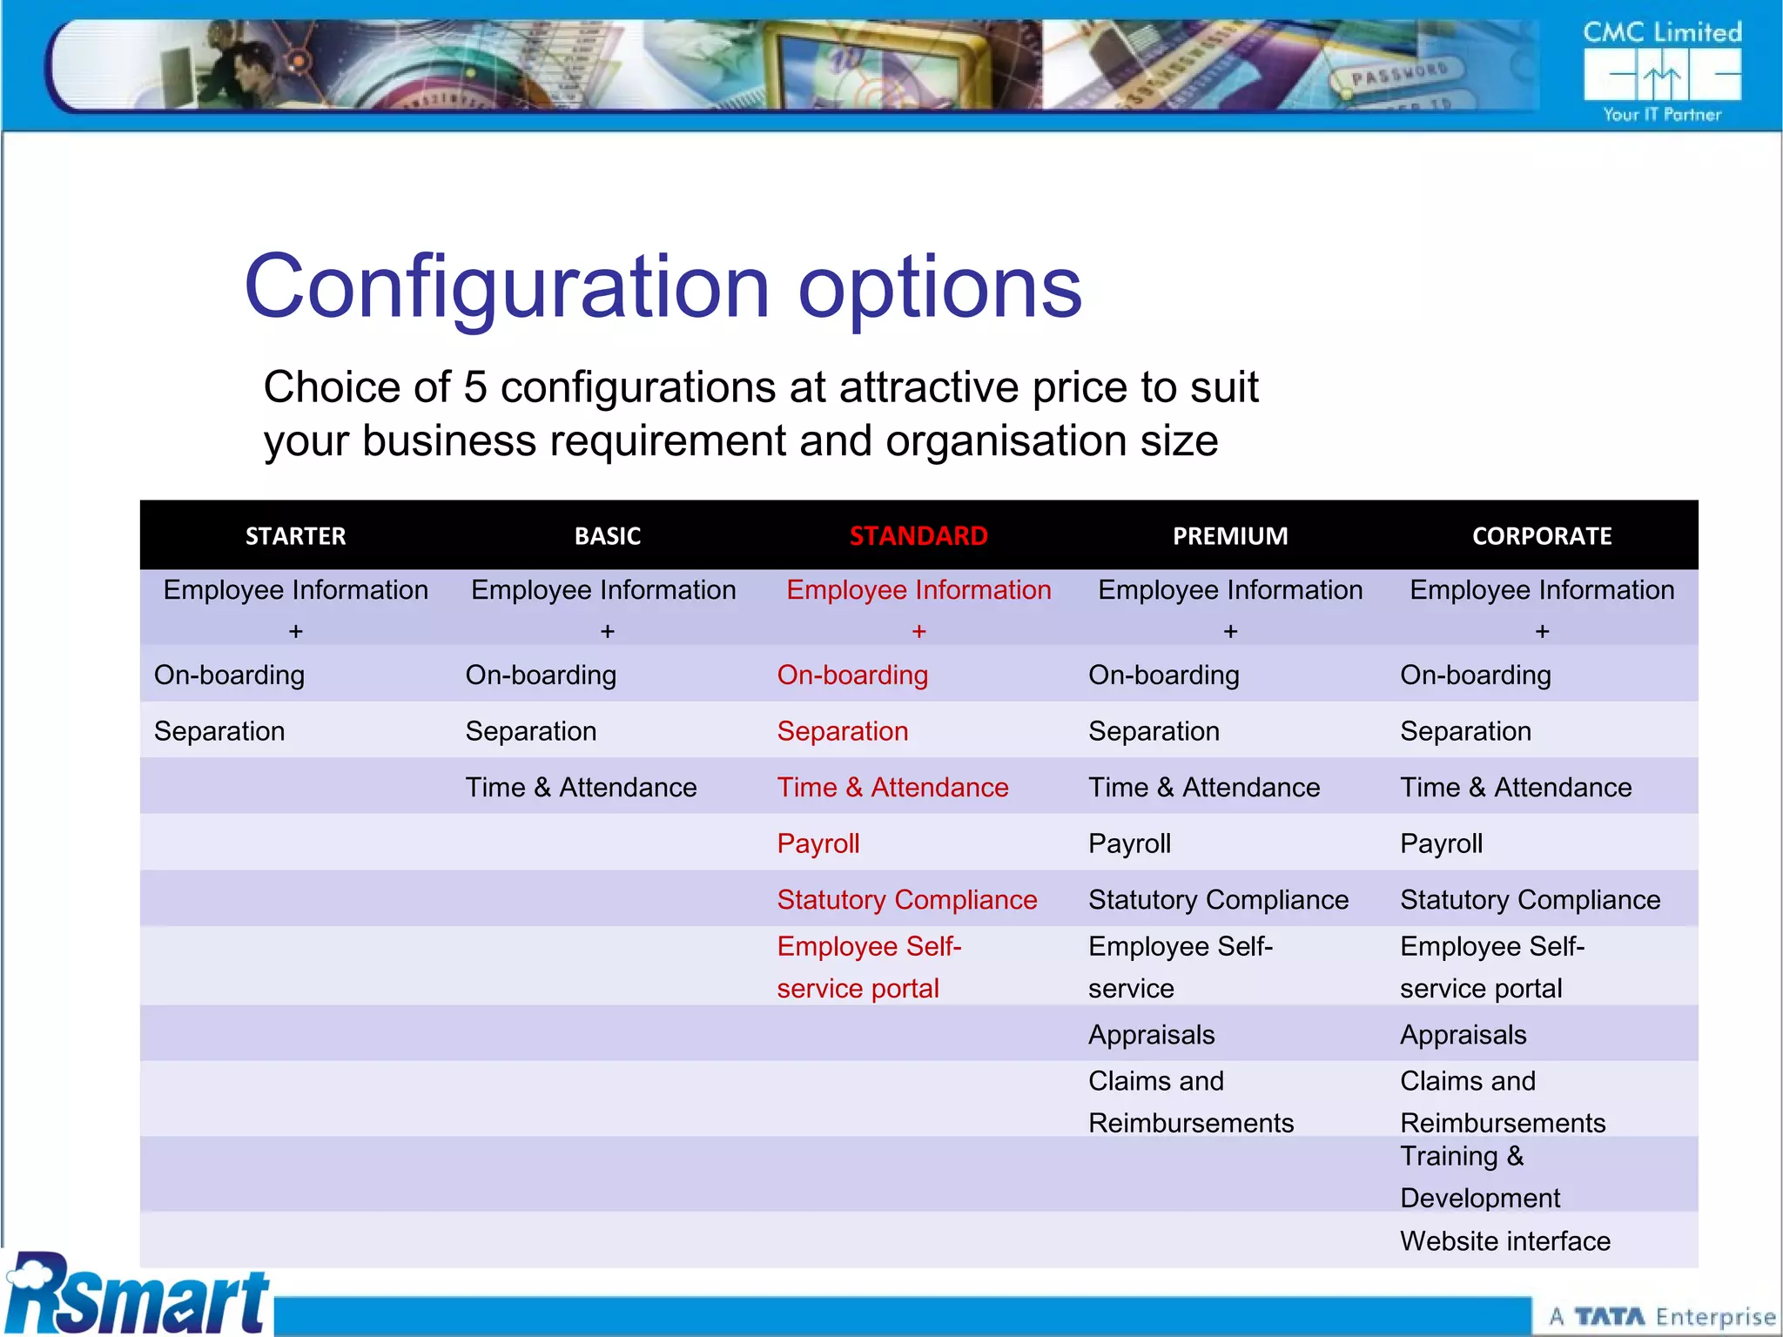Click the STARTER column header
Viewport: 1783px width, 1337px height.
point(295,536)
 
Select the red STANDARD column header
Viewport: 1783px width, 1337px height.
point(918,536)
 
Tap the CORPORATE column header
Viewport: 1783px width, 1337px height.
point(1542,536)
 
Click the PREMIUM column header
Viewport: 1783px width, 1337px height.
point(1230,536)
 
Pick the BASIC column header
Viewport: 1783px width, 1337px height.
point(608,536)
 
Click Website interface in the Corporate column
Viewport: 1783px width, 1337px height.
point(1505,1240)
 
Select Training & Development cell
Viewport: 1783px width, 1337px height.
point(1480,1176)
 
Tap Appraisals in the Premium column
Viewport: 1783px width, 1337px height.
point(1152,1034)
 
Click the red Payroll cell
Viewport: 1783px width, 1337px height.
point(818,843)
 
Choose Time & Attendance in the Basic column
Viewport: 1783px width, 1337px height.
point(581,787)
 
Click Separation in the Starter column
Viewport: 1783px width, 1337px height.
point(219,731)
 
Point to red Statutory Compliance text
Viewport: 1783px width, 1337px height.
point(907,899)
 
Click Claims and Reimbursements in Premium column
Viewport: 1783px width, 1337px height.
point(1190,1101)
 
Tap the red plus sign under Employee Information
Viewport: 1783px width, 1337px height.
point(918,631)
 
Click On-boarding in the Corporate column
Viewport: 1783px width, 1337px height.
point(1476,675)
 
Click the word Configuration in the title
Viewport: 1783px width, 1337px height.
point(508,287)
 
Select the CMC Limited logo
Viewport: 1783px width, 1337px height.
point(1662,71)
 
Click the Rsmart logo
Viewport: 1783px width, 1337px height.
point(137,1295)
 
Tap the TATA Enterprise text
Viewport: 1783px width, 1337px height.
point(1661,1316)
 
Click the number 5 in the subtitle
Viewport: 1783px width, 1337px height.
point(475,387)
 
